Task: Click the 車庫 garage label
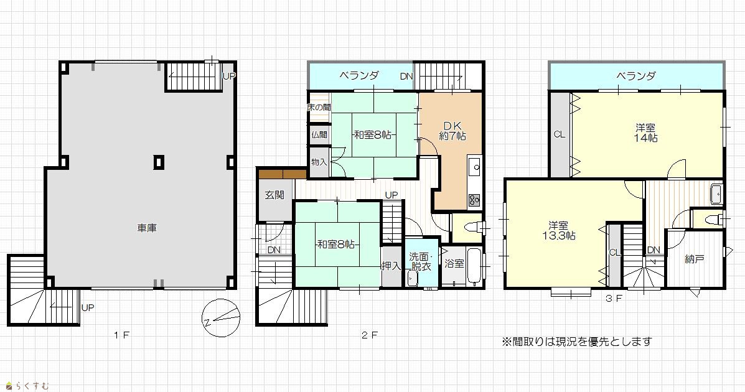click(x=147, y=228)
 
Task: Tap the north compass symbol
click(x=220, y=318)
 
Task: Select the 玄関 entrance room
click(x=274, y=195)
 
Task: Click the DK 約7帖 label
click(x=452, y=131)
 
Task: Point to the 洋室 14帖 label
click(x=645, y=133)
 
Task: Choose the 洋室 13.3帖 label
click(x=559, y=230)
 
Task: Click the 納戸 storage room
click(x=694, y=258)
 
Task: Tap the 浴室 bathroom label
click(x=454, y=263)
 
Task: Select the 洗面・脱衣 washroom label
click(x=420, y=262)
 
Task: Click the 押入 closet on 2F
click(x=391, y=266)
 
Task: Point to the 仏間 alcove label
click(x=319, y=135)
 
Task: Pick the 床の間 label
click(x=319, y=108)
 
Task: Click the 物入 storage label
click(x=319, y=162)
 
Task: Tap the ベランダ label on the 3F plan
click(x=636, y=75)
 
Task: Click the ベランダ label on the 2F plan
click(x=359, y=75)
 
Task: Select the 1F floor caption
click(x=121, y=335)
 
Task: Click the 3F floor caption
click(x=614, y=299)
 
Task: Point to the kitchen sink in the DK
click(x=474, y=167)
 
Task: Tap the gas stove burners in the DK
click(x=474, y=200)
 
